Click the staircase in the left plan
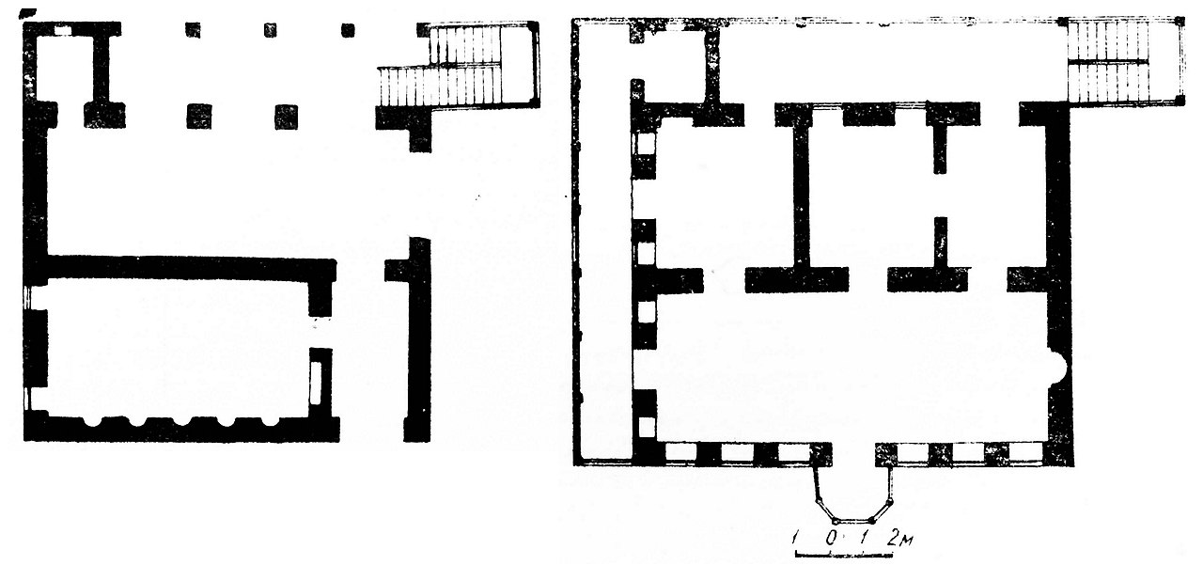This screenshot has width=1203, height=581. [460, 66]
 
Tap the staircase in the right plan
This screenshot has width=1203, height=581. [1125, 62]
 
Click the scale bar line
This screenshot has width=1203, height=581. [843, 554]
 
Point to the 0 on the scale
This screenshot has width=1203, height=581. [830, 538]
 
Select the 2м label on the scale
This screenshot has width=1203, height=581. [899, 538]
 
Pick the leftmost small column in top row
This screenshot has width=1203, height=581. [193, 29]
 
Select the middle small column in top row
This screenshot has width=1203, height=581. [271, 30]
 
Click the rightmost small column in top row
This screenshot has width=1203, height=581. [348, 30]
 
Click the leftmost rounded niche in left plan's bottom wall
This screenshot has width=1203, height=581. [93, 421]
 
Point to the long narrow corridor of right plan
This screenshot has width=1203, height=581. [606, 242]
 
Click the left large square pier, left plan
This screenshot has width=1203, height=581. [198, 117]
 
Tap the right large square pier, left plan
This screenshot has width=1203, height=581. [286, 117]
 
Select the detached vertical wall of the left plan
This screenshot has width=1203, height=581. [417, 339]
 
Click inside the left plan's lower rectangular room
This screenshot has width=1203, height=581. [178, 348]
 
